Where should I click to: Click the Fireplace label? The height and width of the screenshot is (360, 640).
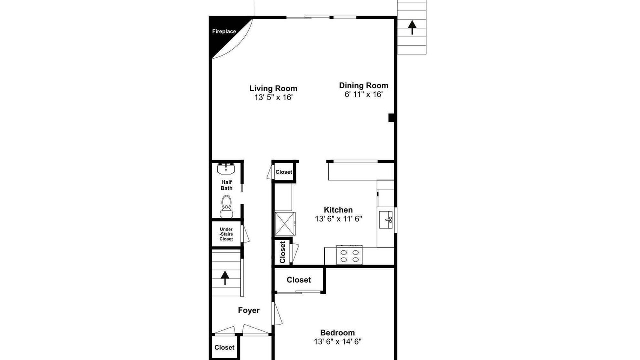[224, 31]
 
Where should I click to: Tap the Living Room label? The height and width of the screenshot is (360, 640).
[273, 88]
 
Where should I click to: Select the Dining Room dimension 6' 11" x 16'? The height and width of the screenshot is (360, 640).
[363, 94]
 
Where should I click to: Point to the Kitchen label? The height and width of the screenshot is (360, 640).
[338, 210]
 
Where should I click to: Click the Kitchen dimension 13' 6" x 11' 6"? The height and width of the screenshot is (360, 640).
[338, 219]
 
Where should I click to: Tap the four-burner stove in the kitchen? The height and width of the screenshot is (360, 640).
[349, 255]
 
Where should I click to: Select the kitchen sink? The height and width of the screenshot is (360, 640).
[386, 219]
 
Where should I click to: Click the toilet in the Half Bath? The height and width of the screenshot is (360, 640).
[226, 206]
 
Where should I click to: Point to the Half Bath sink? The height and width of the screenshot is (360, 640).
[226, 168]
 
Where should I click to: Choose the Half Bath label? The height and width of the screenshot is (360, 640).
[227, 185]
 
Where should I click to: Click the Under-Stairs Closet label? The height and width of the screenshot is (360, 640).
[226, 234]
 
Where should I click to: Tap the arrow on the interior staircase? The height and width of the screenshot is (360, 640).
[225, 278]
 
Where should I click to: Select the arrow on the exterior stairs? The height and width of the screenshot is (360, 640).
[412, 27]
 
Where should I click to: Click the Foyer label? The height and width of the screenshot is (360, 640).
[249, 310]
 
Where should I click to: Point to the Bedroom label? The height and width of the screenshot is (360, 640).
[337, 333]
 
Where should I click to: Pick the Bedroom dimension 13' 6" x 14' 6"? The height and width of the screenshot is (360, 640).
[338, 341]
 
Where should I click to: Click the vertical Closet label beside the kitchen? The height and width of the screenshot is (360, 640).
[283, 252]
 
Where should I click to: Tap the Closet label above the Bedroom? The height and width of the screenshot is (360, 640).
[299, 280]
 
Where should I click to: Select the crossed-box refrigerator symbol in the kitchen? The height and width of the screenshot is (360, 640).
[285, 224]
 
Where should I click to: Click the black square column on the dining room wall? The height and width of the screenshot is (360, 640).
[391, 118]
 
